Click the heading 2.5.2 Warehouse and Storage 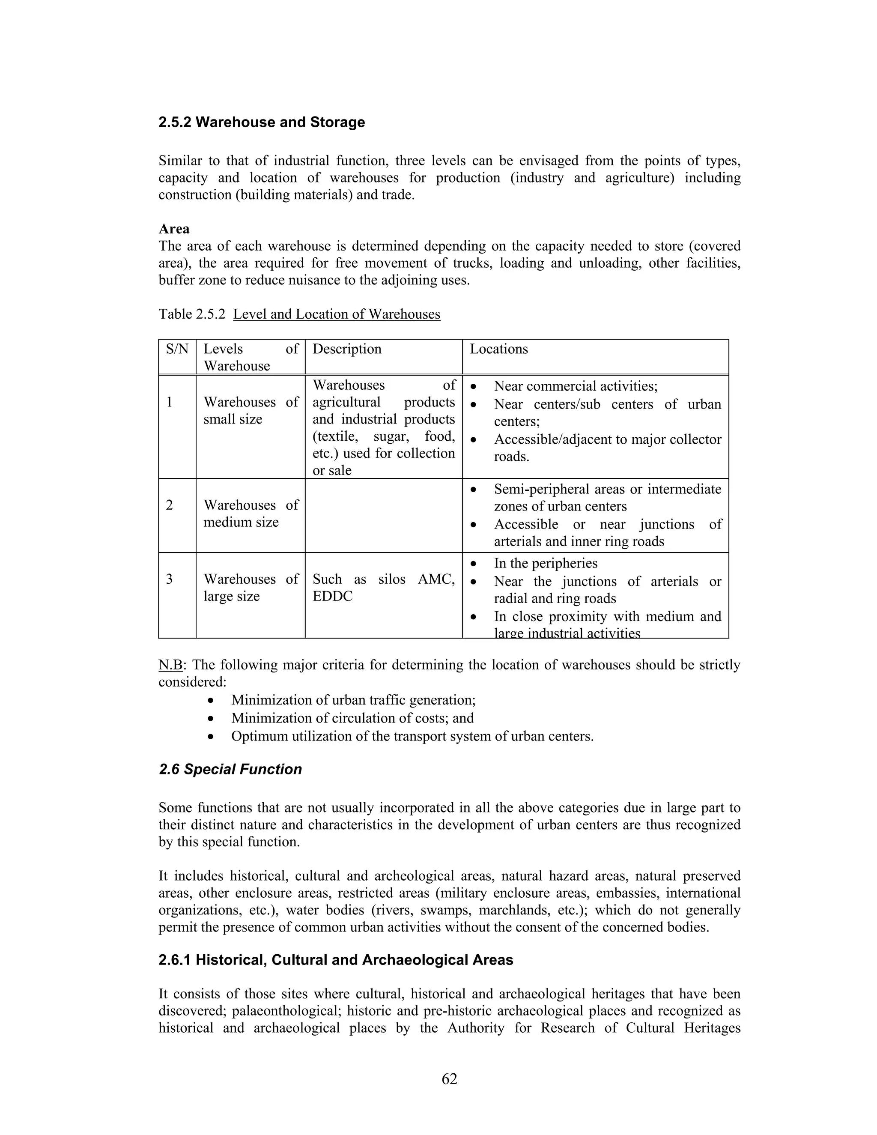point(261,122)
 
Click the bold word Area point(174,229)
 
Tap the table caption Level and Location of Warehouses point(337,314)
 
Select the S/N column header point(177,349)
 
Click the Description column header point(346,349)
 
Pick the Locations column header point(499,349)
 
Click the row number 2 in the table point(170,505)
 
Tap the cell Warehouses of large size point(251,587)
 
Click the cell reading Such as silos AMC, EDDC point(383,587)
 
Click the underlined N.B point(170,665)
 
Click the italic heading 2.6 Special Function point(230,769)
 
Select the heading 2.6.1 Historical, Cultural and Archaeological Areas point(336,960)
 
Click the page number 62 point(449,1079)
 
